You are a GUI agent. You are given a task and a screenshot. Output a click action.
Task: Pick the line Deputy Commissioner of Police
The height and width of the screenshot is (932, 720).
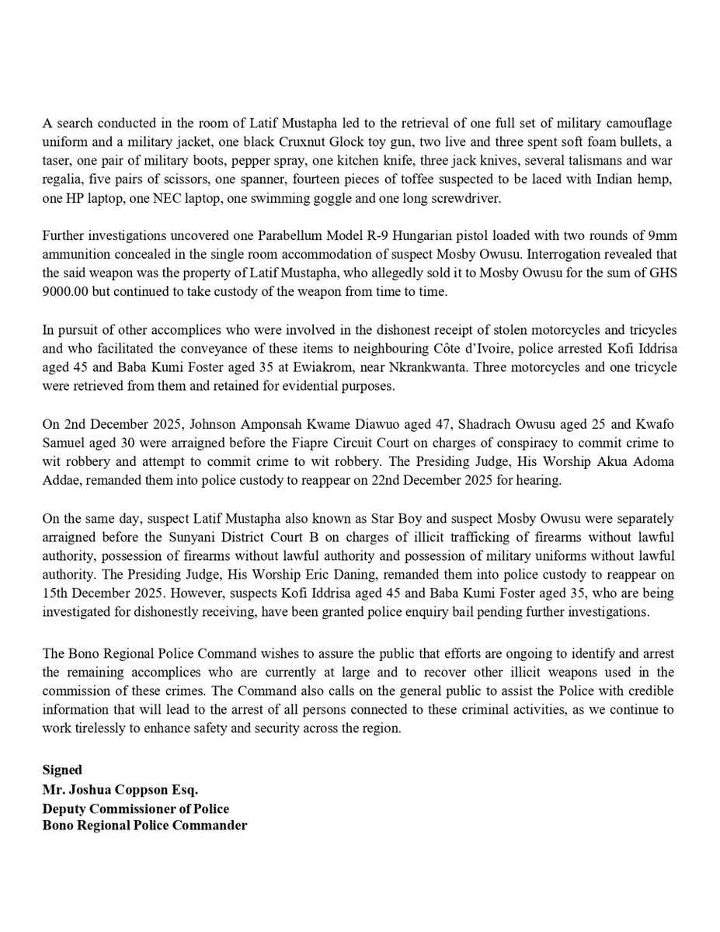(x=136, y=809)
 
